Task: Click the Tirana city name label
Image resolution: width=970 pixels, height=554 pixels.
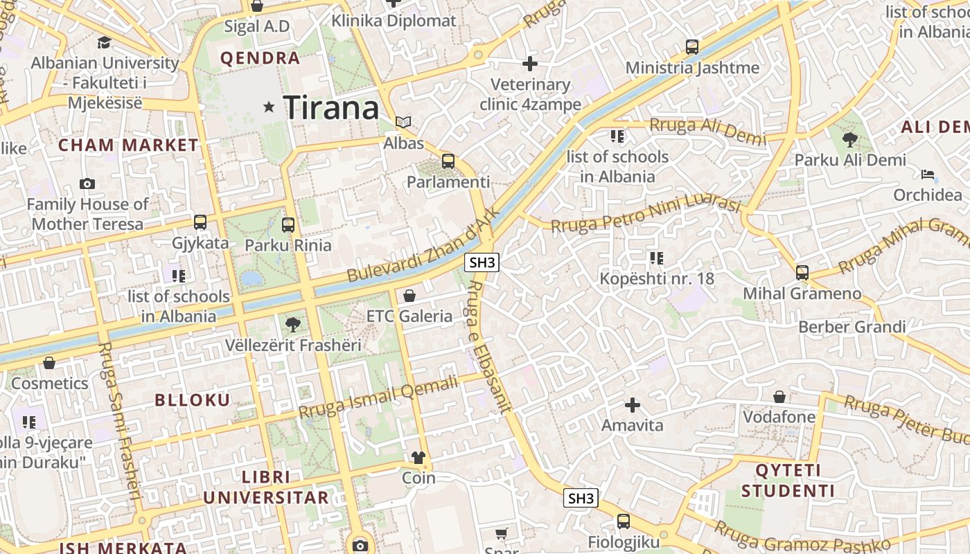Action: [331, 107]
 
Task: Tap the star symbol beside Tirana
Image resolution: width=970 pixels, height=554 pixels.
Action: [270, 107]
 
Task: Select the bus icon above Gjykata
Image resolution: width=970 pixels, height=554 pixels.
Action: [200, 222]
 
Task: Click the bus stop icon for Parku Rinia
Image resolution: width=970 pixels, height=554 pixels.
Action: [288, 224]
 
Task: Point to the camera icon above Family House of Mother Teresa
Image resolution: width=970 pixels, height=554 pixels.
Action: [87, 184]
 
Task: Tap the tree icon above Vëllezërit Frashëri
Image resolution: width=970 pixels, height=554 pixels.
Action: [293, 324]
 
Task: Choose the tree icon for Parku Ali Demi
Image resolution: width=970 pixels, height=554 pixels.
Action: [850, 139]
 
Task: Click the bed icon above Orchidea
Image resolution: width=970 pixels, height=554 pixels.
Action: [928, 174]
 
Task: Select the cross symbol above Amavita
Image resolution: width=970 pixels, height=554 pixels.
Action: [632, 404]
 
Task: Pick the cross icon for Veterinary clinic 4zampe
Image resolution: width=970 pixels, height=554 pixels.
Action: [530, 64]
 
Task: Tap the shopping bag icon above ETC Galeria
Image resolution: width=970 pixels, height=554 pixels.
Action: [409, 296]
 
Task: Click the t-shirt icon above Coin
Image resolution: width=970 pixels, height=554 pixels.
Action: [418, 457]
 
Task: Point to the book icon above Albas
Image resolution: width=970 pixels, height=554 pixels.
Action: [403, 123]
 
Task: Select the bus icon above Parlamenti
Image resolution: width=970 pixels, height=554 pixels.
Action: [448, 161]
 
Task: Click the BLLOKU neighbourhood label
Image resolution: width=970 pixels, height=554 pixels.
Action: [193, 400]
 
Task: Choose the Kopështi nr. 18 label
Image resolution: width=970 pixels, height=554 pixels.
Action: [657, 278]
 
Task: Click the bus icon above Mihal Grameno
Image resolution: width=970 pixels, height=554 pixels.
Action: [802, 272]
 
